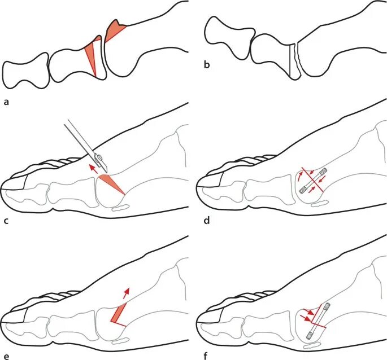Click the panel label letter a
pyautogui.click(x=6, y=102)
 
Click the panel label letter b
pyautogui.click(x=207, y=64)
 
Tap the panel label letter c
pyautogui.click(x=6, y=219)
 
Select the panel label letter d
pyautogui.click(x=207, y=219)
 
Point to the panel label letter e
pyautogui.click(x=6, y=356)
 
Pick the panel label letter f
pyautogui.click(x=207, y=356)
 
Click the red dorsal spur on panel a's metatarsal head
pyautogui.click(x=115, y=30)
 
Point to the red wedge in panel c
pyautogui.click(x=110, y=183)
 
